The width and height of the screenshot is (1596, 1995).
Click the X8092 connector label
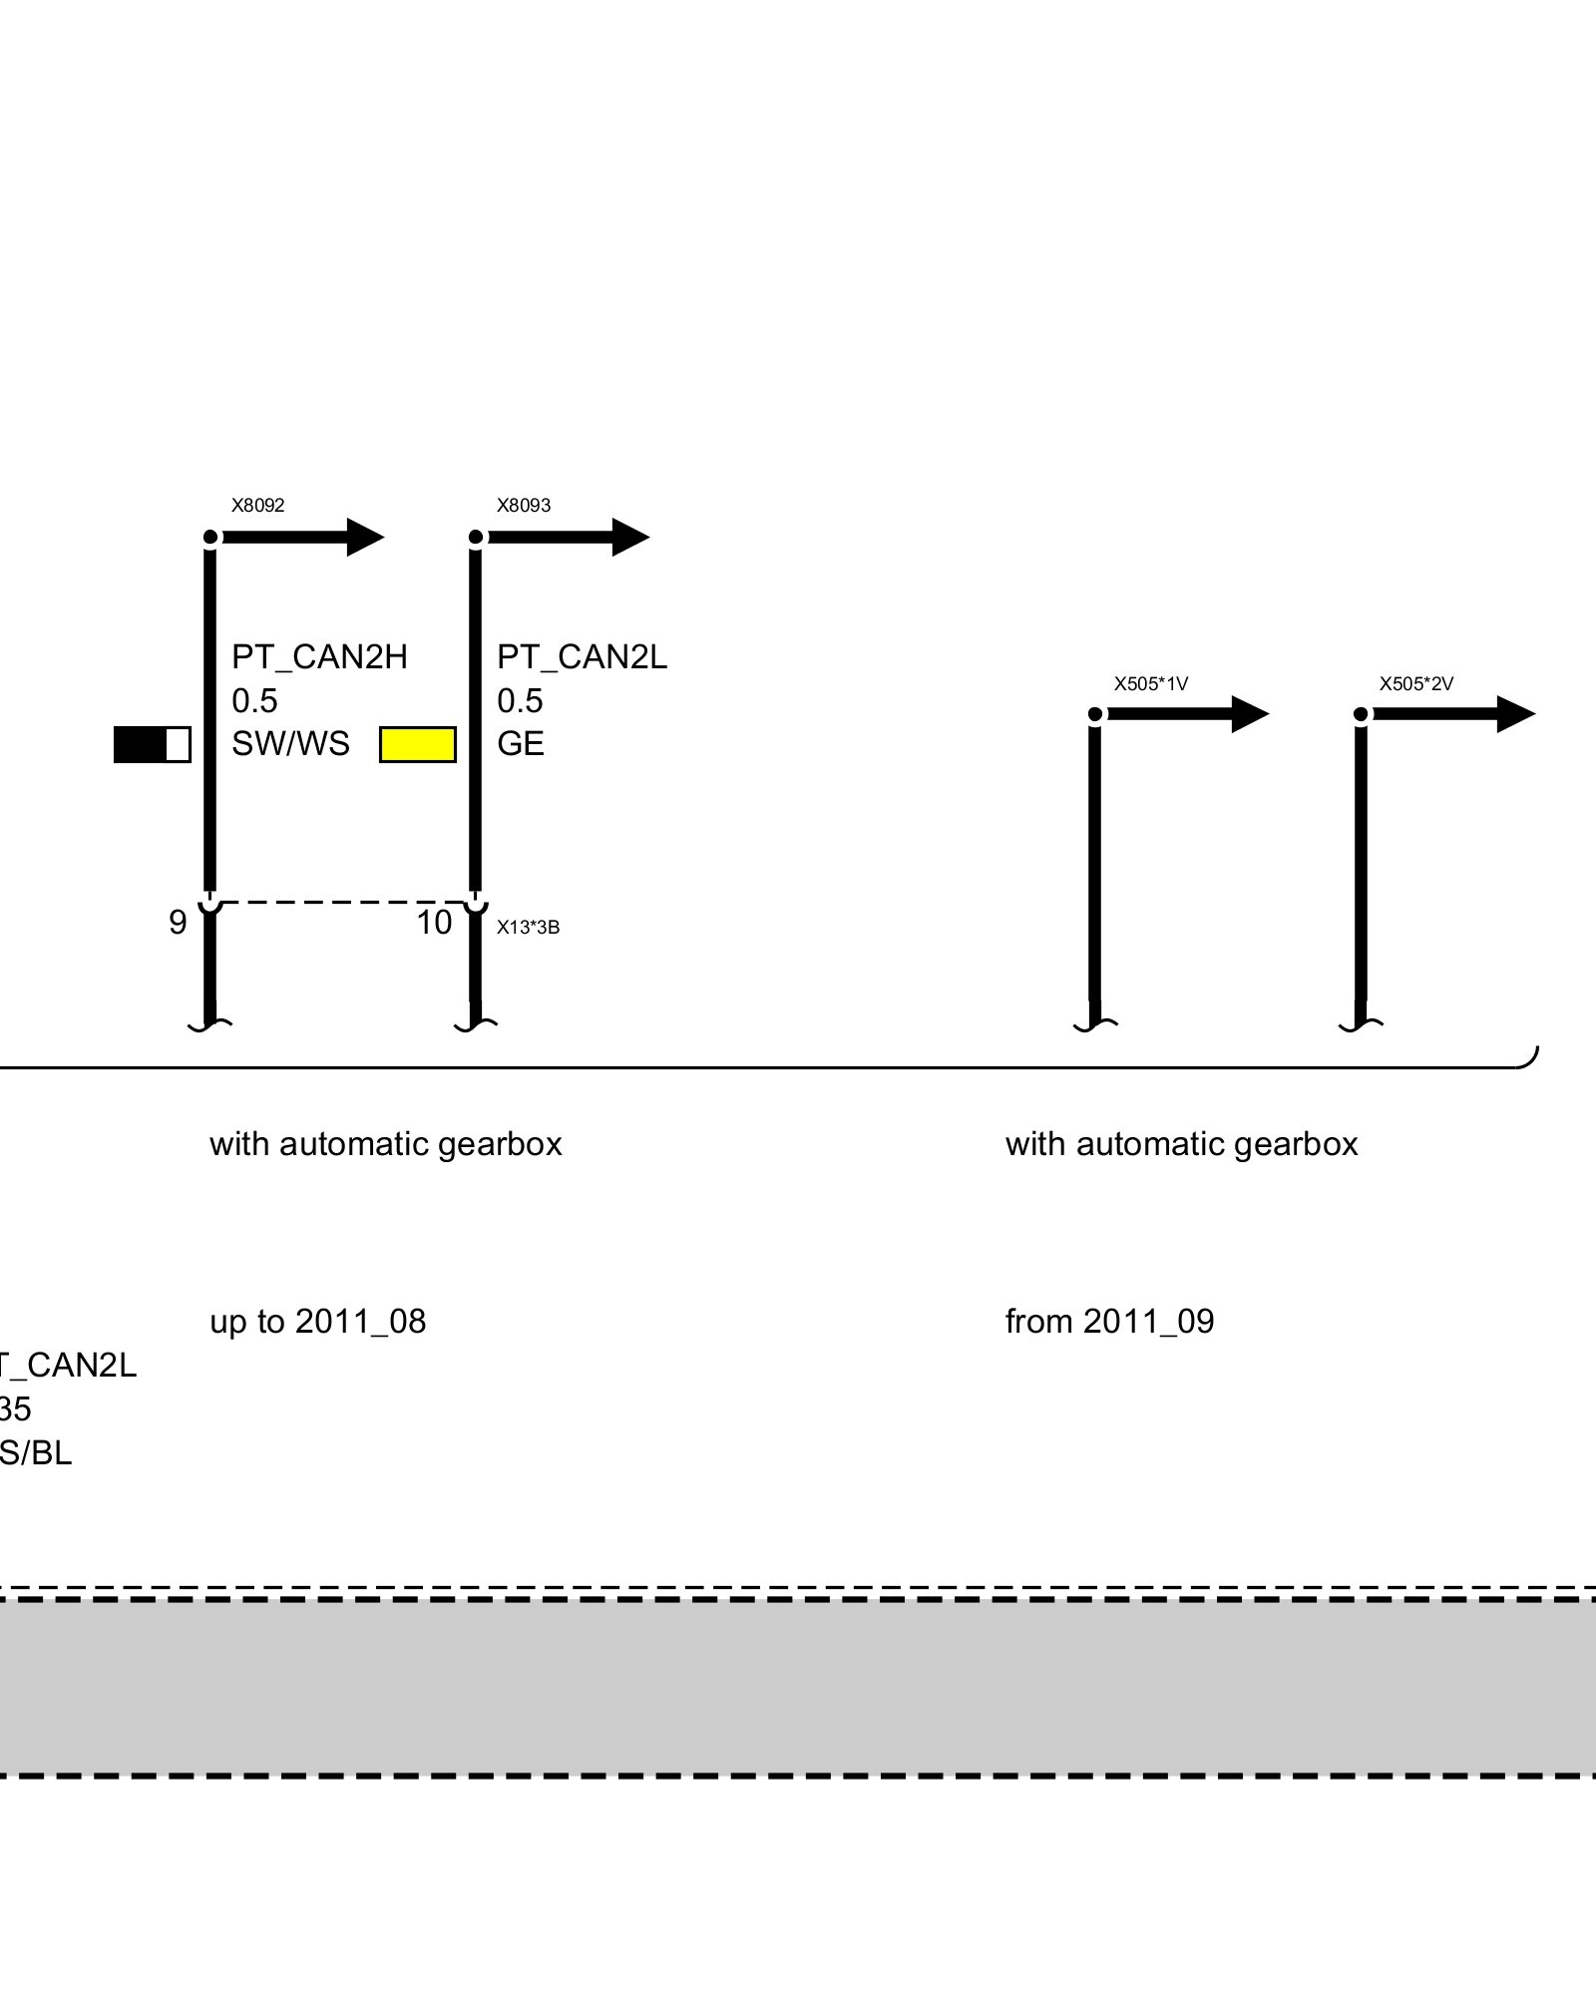[258, 506]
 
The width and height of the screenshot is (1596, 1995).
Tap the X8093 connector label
[524, 506]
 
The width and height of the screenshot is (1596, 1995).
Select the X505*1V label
[1150, 684]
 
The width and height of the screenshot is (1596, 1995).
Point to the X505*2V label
[1415, 684]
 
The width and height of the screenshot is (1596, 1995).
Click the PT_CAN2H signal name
[319, 657]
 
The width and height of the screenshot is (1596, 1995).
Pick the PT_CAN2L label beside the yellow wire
[582, 657]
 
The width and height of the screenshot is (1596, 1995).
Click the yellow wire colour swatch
[418, 745]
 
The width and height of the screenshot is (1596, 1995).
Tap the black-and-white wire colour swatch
[152, 745]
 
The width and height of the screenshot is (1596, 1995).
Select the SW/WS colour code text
[290, 744]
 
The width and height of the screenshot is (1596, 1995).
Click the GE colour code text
[521, 744]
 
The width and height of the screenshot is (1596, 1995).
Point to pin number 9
[178, 923]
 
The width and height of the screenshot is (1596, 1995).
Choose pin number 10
[434, 923]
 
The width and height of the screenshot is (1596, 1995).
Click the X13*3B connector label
[528, 928]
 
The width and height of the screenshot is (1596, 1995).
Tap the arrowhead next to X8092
[364, 538]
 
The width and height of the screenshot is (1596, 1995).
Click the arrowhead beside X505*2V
[1515, 714]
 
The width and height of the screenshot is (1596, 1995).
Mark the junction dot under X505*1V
[1095, 714]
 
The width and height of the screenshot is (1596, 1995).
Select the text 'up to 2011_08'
[317, 1322]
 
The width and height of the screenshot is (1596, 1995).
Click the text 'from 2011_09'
[1109, 1322]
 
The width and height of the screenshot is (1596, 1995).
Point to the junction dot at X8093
[476, 538]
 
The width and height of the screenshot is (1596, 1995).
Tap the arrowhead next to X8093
[629, 538]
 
